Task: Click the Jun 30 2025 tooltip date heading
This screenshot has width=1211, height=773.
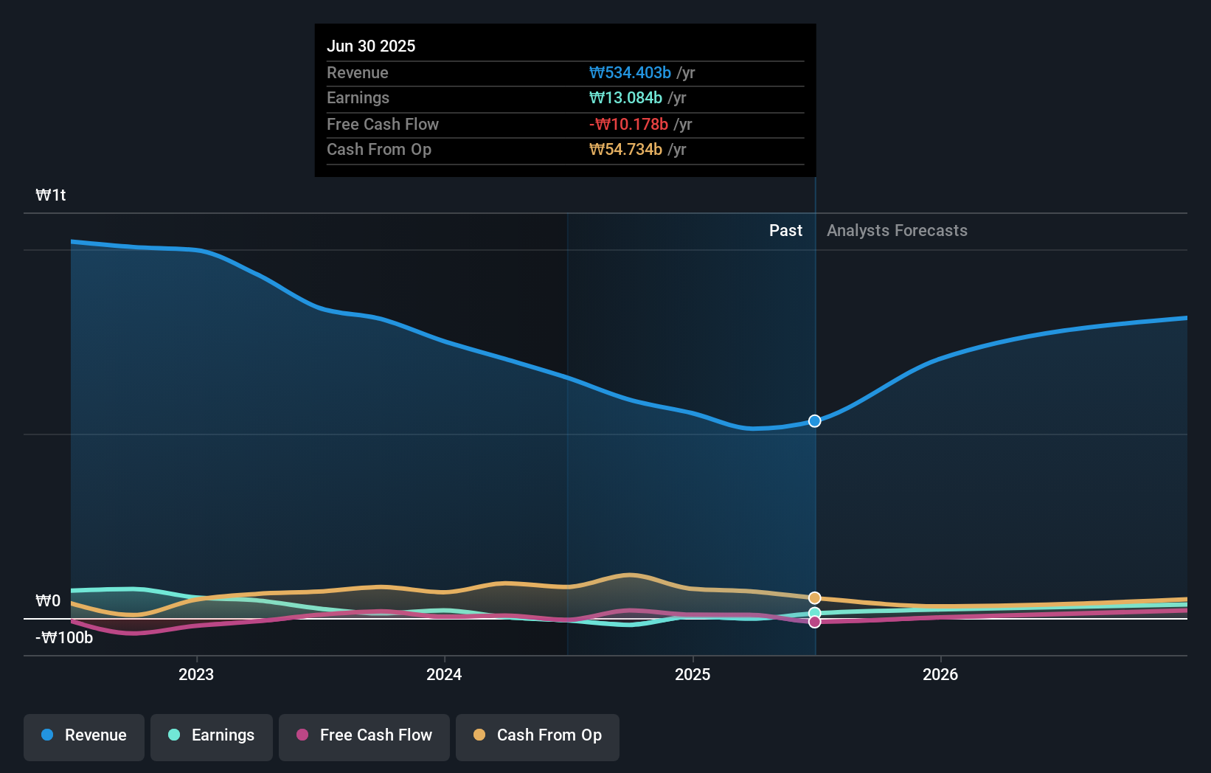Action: tap(371, 46)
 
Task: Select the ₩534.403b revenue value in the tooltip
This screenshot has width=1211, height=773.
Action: tap(630, 72)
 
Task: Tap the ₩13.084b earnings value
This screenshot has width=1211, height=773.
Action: tap(625, 98)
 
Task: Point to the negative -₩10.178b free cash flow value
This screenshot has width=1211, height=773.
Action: tap(628, 124)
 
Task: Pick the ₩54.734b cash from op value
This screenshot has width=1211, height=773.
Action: tap(625, 150)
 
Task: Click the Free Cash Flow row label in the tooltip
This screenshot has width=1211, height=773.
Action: tap(382, 124)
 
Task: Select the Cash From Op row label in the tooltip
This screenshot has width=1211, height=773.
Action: tap(378, 150)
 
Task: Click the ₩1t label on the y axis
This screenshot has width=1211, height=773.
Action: tap(51, 195)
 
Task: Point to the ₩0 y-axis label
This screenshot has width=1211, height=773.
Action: tap(48, 600)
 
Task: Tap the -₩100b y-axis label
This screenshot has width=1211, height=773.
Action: tap(65, 637)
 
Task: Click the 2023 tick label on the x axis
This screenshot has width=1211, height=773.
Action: tap(196, 674)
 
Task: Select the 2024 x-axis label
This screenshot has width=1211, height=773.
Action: tap(444, 674)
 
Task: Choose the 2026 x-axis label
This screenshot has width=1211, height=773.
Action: tap(940, 674)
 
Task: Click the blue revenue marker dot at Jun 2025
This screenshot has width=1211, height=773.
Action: tap(814, 421)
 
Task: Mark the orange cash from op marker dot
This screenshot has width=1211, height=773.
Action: tap(814, 598)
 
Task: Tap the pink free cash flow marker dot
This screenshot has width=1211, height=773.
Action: tap(814, 622)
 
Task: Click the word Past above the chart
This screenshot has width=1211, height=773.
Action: tap(785, 230)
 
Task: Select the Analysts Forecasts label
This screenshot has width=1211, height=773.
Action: tap(897, 230)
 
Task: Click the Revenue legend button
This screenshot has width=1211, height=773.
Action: tap(84, 735)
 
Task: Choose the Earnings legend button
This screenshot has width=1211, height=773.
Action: tap(212, 735)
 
